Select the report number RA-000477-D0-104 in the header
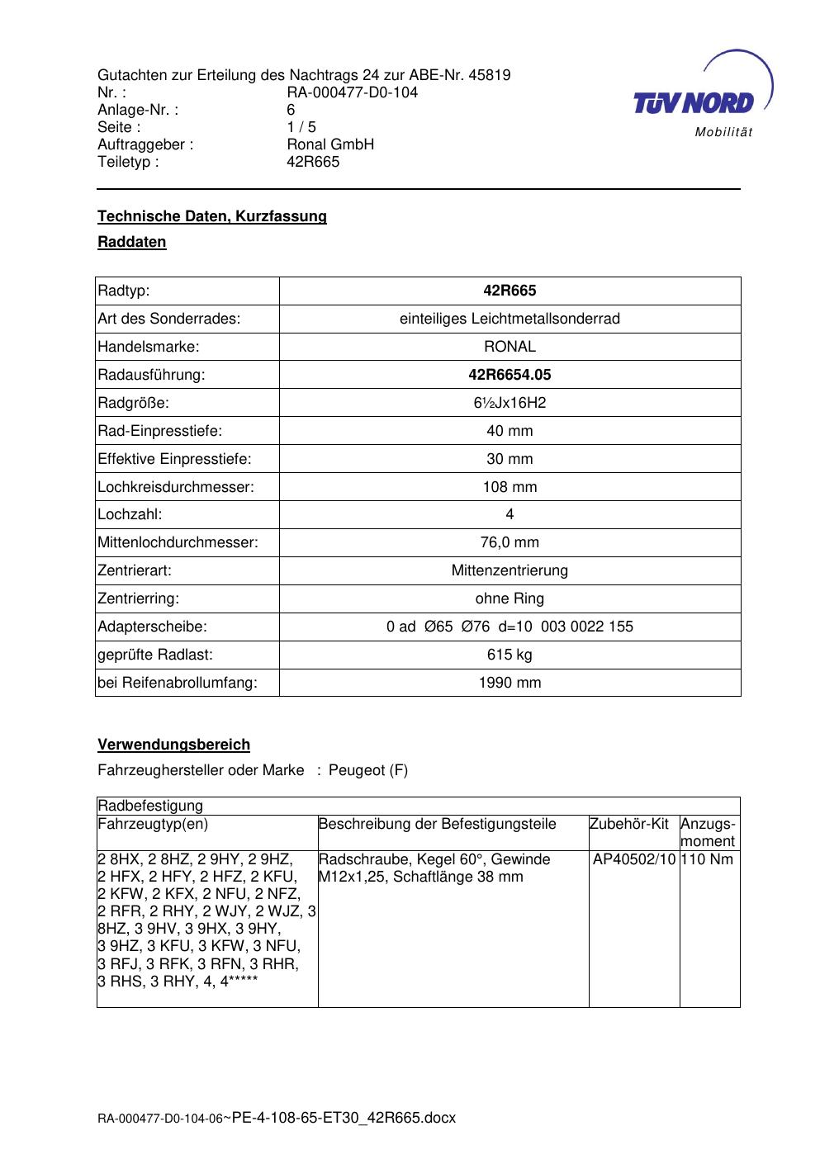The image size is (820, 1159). [x=352, y=92]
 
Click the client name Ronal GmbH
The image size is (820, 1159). [x=330, y=144]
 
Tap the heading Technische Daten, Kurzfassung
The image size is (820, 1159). [x=212, y=216]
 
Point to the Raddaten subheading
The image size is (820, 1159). [x=132, y=242]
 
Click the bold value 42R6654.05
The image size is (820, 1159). [x=510, y=375]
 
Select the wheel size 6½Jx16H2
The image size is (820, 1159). [x=510, y=403]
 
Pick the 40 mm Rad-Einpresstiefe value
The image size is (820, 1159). [x=510, y=431]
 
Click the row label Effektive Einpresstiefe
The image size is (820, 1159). [x=174, y=459]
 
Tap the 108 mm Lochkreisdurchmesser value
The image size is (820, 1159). [x=510, y=487]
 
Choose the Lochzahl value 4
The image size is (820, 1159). [x=510, y=514]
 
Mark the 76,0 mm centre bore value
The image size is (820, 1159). [x=510, y=542]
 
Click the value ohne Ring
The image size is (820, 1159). [x=510, y=598]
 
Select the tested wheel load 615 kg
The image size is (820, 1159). [x=510, y=655]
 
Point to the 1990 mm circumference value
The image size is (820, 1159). [x=510, y=683]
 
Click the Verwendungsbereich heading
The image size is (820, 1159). [x=173, y=745]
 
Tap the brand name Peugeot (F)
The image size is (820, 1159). [x=368, y=770]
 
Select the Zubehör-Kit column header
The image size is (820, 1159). [x=628, y=824]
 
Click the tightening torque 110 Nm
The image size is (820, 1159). [x=709, y=859]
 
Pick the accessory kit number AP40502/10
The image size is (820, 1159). [x=634, y=859]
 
